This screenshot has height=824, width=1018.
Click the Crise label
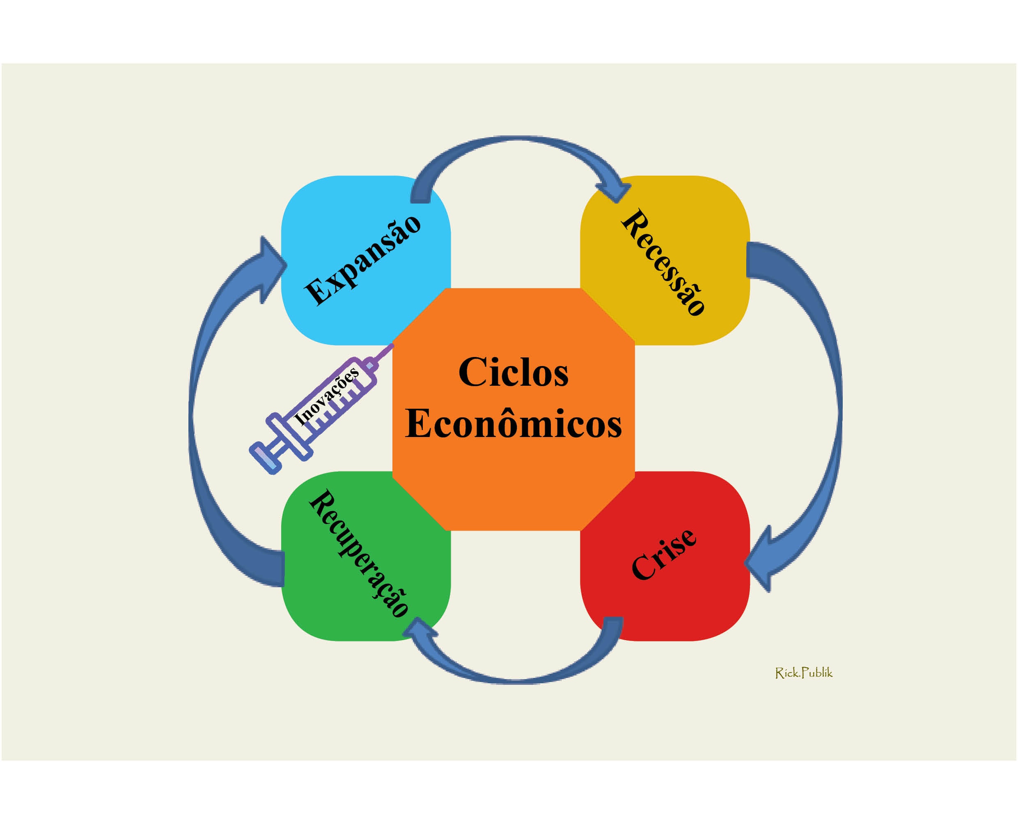click(664, 554)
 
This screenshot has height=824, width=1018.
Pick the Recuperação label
click(359, 553)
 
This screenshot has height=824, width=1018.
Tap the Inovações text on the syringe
click(326, 396)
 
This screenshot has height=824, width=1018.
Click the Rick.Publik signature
click(803, 673)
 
